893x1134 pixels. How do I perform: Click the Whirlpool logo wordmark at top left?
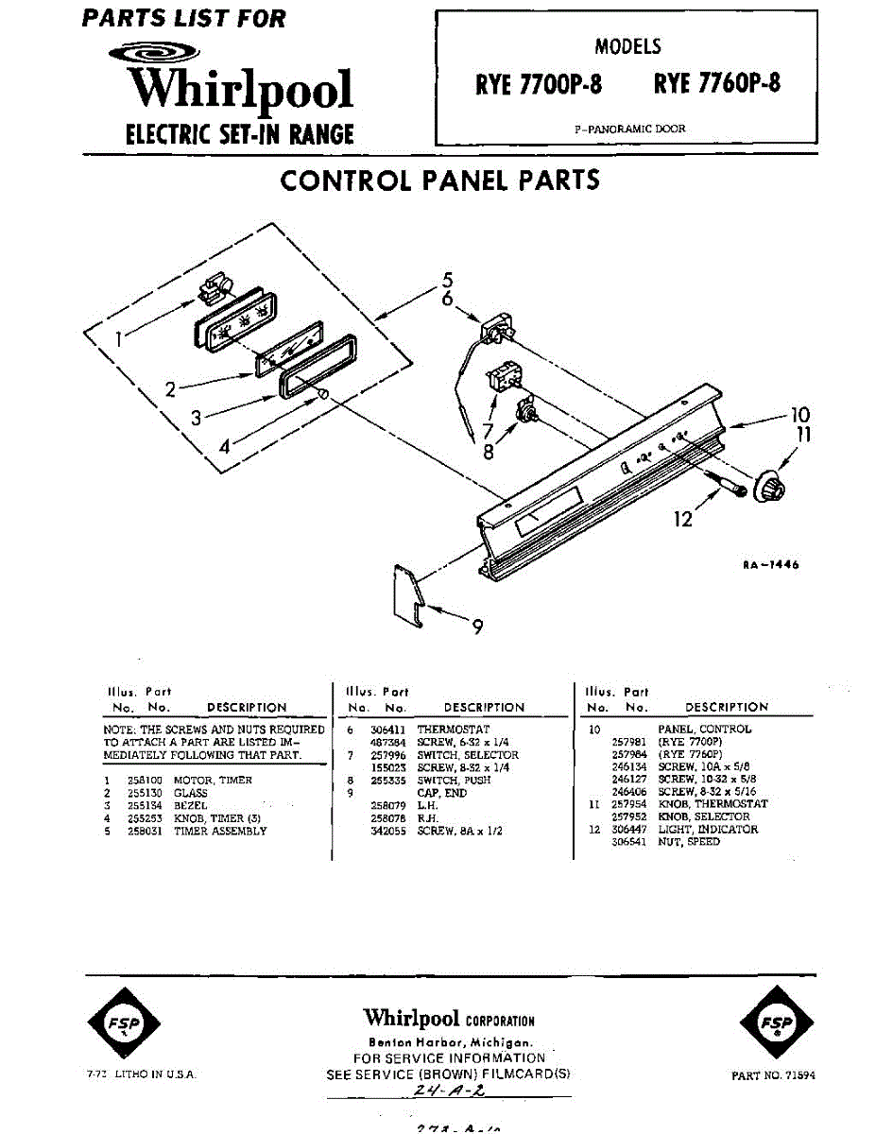(241, 90)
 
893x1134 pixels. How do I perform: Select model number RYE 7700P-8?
(539, 84)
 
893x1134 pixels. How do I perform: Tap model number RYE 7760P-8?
(717, 83)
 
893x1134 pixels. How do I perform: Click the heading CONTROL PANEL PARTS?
(440, 180)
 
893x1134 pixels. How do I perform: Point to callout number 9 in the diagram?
(478, 627)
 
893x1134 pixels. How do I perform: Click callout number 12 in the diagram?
(683, 518)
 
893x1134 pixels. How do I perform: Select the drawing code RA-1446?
(770, 565)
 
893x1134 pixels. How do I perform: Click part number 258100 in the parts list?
(145, 781)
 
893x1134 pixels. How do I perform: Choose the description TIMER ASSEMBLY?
(220, 832)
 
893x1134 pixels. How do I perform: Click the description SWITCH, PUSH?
(454, 782)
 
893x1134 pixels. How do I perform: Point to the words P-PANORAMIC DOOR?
(630, 129)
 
